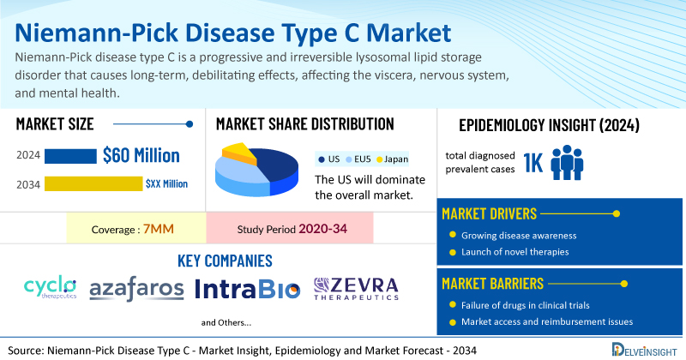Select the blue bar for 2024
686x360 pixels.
point(70,155)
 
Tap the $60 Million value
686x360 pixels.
point(141,155)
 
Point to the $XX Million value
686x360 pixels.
point(166,183)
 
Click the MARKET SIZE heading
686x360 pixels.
point(55,123)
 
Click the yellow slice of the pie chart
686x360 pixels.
point(240,153)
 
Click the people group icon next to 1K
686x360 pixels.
point(567,162)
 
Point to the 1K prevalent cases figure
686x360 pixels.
point(533,163)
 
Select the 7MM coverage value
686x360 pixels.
point(160,230)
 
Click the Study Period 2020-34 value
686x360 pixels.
point(322,230)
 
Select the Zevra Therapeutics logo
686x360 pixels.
point(357,289)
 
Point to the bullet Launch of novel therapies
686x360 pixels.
point(514,252)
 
